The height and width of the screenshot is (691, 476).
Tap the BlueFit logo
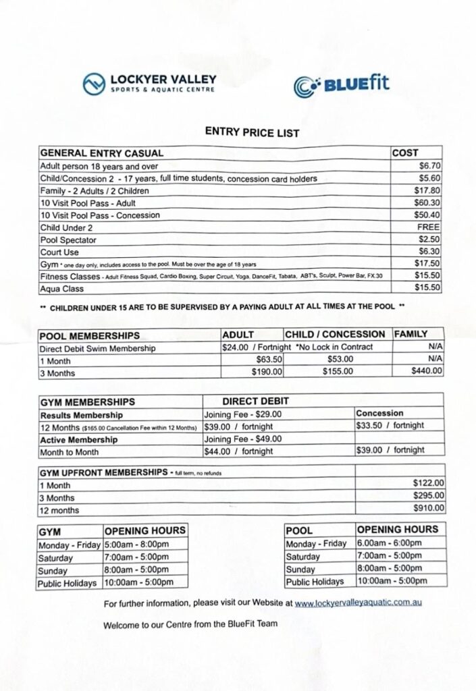(x=341, y=86)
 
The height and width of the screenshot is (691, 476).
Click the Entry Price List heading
(x=252, y=133)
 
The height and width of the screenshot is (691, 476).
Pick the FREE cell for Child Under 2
(x=429, y=227)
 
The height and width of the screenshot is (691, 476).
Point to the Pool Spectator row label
(x=69, y=240)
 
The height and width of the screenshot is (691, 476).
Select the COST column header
(x=405, y=153)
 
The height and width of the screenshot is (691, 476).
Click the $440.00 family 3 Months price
(x=427, y=370)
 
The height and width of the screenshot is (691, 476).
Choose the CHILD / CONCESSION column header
(x=335, y=334)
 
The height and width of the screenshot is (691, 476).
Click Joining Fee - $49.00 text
(x=243, y=438)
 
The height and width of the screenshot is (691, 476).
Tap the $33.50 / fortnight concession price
(x=390, y=425)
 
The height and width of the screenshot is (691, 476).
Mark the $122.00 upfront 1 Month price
(x=428, y=483)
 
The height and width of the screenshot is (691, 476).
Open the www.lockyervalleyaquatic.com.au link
(x=359, y=603)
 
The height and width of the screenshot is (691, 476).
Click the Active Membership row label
(x=79, y=438)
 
